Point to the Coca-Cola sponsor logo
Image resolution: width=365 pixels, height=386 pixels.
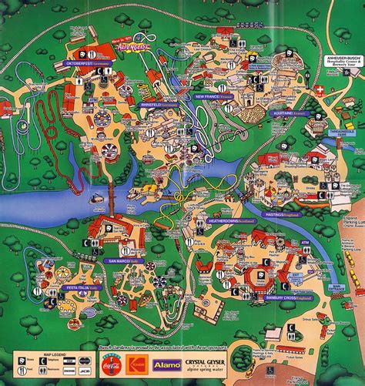pyautogui.click(x=110, y=361)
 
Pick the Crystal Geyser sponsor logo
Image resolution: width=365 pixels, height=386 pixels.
pyautogui.click(x=207, y=361)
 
